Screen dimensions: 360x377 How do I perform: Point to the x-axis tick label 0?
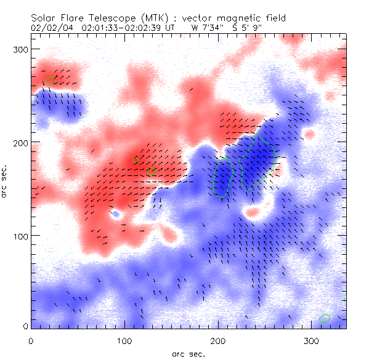click(x=31, y=340)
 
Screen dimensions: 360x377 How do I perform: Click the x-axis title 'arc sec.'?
click(x=188, y=354)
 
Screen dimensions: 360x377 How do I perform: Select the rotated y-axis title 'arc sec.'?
click(x=5, y=181)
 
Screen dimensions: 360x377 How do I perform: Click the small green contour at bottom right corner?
click(x=325, y=318)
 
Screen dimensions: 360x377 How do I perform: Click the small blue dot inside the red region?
click(x=115, y=214)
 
